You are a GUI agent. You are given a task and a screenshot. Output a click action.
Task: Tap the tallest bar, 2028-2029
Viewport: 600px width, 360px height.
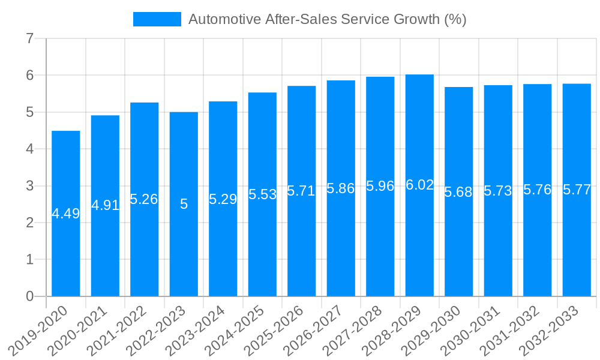419,240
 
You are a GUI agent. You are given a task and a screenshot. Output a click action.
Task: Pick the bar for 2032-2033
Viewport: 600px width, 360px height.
577,240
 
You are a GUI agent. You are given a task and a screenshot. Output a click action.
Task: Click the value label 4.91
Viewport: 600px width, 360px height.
105,205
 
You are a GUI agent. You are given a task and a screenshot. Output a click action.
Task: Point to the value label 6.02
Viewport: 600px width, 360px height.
419,185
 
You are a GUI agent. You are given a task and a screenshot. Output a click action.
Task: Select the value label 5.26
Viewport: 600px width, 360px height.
144,199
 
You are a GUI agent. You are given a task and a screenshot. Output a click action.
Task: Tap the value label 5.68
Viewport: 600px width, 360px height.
458,192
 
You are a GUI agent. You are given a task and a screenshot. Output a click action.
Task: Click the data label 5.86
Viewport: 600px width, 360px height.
341,188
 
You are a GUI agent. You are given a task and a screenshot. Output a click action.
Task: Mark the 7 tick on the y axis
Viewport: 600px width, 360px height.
29,39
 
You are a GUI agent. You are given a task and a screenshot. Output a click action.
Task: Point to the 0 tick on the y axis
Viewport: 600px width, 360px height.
29,296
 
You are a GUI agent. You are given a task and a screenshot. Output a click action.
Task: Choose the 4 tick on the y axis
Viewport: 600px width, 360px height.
29,149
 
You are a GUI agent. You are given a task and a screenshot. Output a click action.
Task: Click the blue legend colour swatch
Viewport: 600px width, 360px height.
157,19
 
